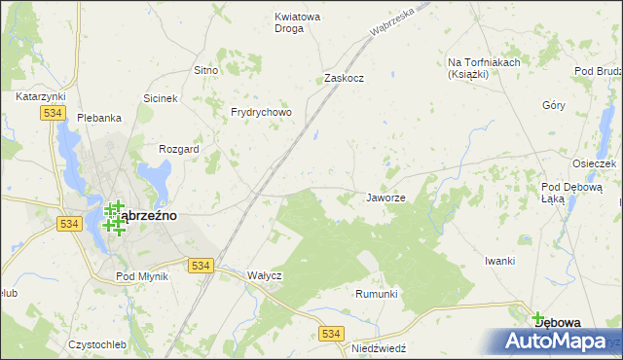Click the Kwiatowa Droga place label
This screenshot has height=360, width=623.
click(298, 22)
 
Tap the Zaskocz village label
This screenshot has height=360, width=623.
click(344, 78)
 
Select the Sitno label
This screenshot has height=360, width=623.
click(205, 70)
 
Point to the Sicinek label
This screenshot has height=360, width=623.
click(161, 98)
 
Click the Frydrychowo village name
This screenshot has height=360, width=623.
click(261, 112)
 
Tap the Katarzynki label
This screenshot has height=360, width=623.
click(40, 96)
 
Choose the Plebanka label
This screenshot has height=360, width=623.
click(99, 118)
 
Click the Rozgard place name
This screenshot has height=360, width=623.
click(179, 149)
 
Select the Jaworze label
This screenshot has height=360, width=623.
click(385, 198)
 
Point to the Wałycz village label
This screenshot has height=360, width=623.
click(264, 275)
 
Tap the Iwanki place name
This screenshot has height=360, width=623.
click(499, 261)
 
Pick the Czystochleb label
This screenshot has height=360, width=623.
click(97, 344)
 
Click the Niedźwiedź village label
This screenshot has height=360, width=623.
click(379, 346)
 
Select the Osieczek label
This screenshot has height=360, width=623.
click(595, 163)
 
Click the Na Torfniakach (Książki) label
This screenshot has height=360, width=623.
click(484, 68)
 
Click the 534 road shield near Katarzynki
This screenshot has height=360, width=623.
click(54, 114)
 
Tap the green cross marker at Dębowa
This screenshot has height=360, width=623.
click(537, 316)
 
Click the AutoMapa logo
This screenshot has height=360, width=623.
click(554, 341)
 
